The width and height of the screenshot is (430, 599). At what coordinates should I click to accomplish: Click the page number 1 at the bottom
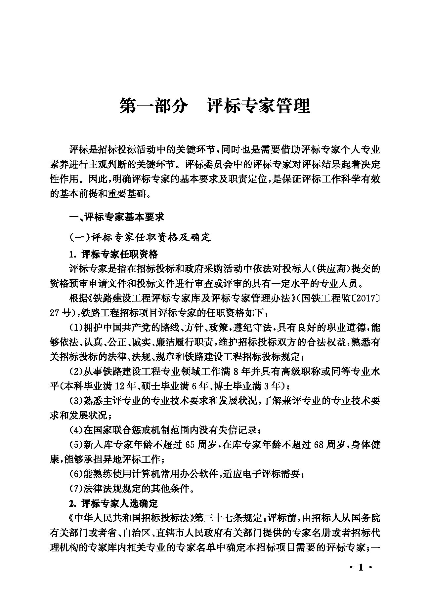tap(361, 568)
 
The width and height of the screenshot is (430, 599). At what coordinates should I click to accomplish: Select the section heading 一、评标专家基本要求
tap(116, 217)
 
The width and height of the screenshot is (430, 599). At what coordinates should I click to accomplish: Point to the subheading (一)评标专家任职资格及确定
tap(140, 237)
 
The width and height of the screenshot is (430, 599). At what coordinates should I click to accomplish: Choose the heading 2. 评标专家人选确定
tap(113, 503)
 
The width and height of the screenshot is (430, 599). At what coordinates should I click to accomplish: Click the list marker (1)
tap(76, 328)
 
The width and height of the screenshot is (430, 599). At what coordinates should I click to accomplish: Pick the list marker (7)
tap(76, 489)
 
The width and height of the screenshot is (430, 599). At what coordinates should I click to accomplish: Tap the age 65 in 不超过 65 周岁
tap(190, 445)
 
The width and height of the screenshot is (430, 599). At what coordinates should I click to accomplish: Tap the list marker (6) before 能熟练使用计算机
tap(76, 474)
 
